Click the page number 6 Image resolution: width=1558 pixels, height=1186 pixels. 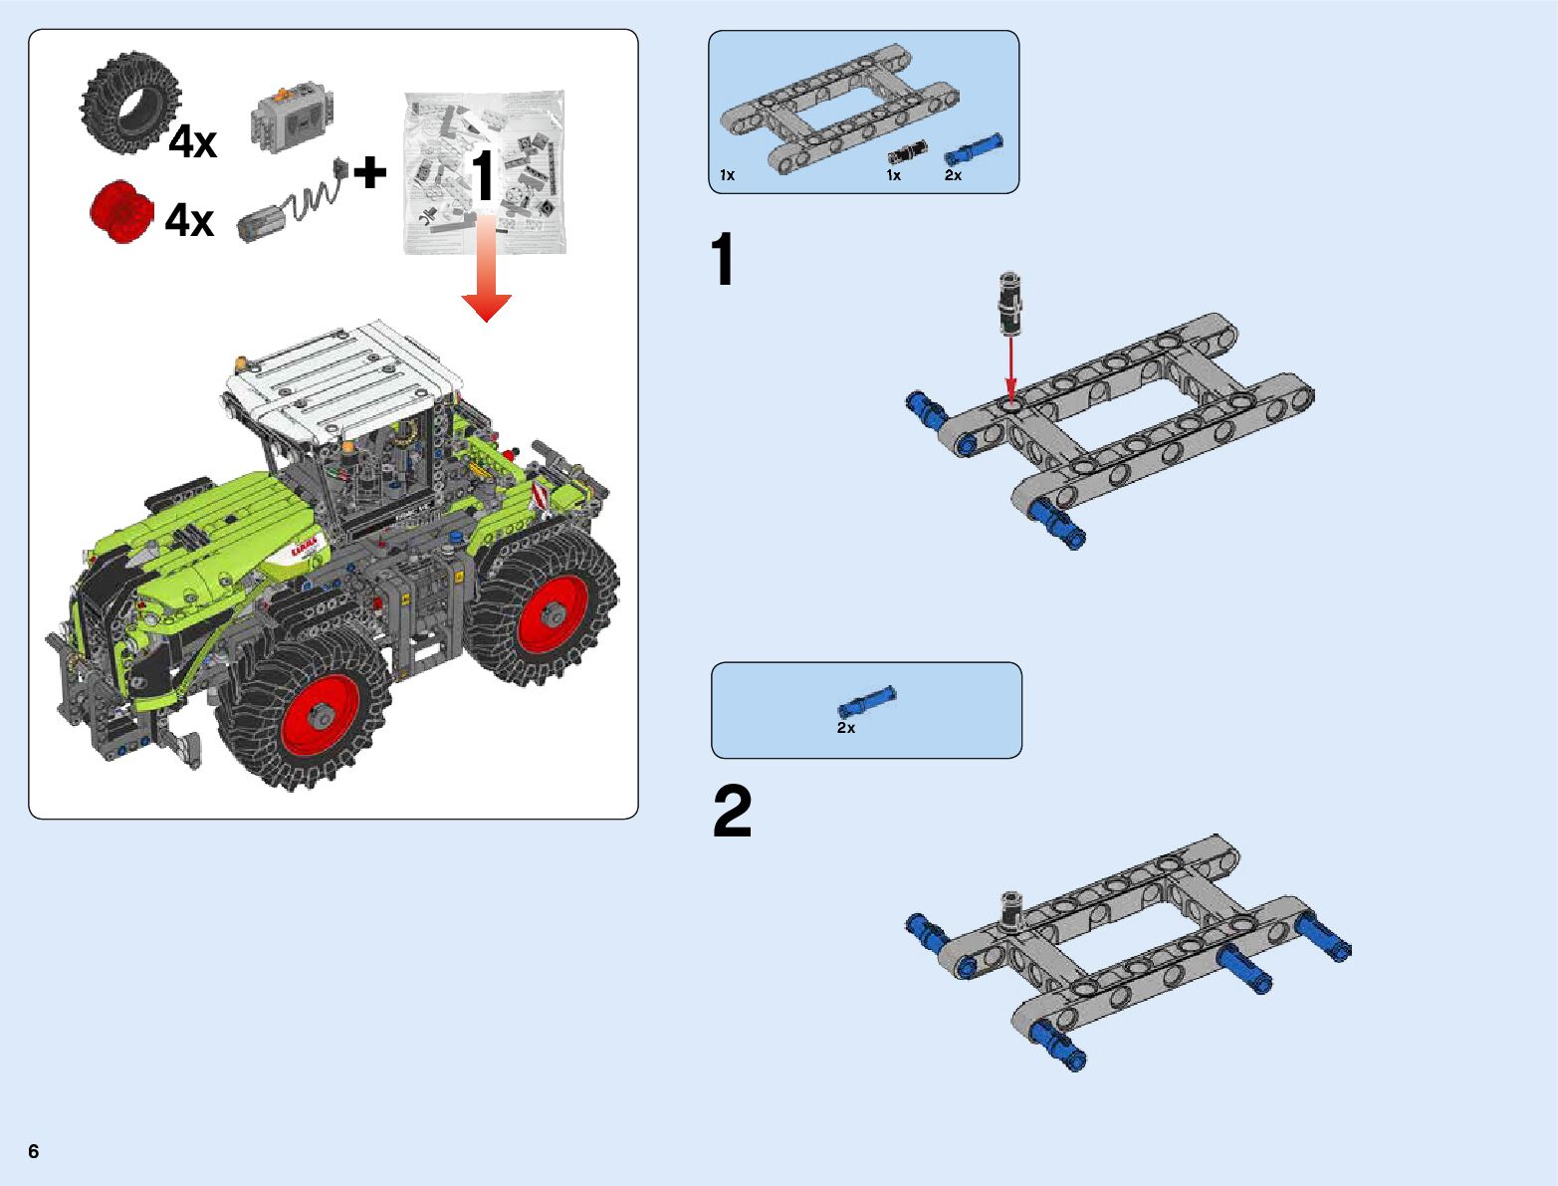tap(34, 1152)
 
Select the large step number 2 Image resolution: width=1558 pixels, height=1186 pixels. tap(733, 813)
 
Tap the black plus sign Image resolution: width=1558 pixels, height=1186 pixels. tap(369, 173)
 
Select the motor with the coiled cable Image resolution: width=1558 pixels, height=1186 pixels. tap(289, 206)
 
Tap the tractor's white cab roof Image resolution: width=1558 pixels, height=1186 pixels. tap(343, 379)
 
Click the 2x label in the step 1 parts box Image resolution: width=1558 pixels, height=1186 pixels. tap(953, 175)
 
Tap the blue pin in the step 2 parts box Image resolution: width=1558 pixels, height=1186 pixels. tap(866, 702)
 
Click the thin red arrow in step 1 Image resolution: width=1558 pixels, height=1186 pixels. tap(1010, 368)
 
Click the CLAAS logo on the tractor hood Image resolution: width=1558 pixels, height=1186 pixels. tap(308, 547)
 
